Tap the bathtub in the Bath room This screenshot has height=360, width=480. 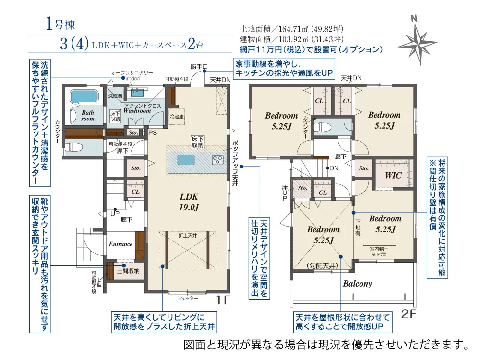84,96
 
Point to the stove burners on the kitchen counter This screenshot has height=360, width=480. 217,159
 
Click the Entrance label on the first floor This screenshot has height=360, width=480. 120,244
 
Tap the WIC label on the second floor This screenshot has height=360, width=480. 394,175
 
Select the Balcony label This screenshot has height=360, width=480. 357,284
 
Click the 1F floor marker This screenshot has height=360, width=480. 223,300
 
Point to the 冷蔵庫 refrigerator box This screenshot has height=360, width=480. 177,116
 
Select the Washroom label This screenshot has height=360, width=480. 137,110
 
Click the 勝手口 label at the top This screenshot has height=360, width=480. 198,66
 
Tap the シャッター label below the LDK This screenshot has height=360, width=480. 188,298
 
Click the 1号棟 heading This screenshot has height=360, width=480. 61,24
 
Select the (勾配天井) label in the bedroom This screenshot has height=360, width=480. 323,265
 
